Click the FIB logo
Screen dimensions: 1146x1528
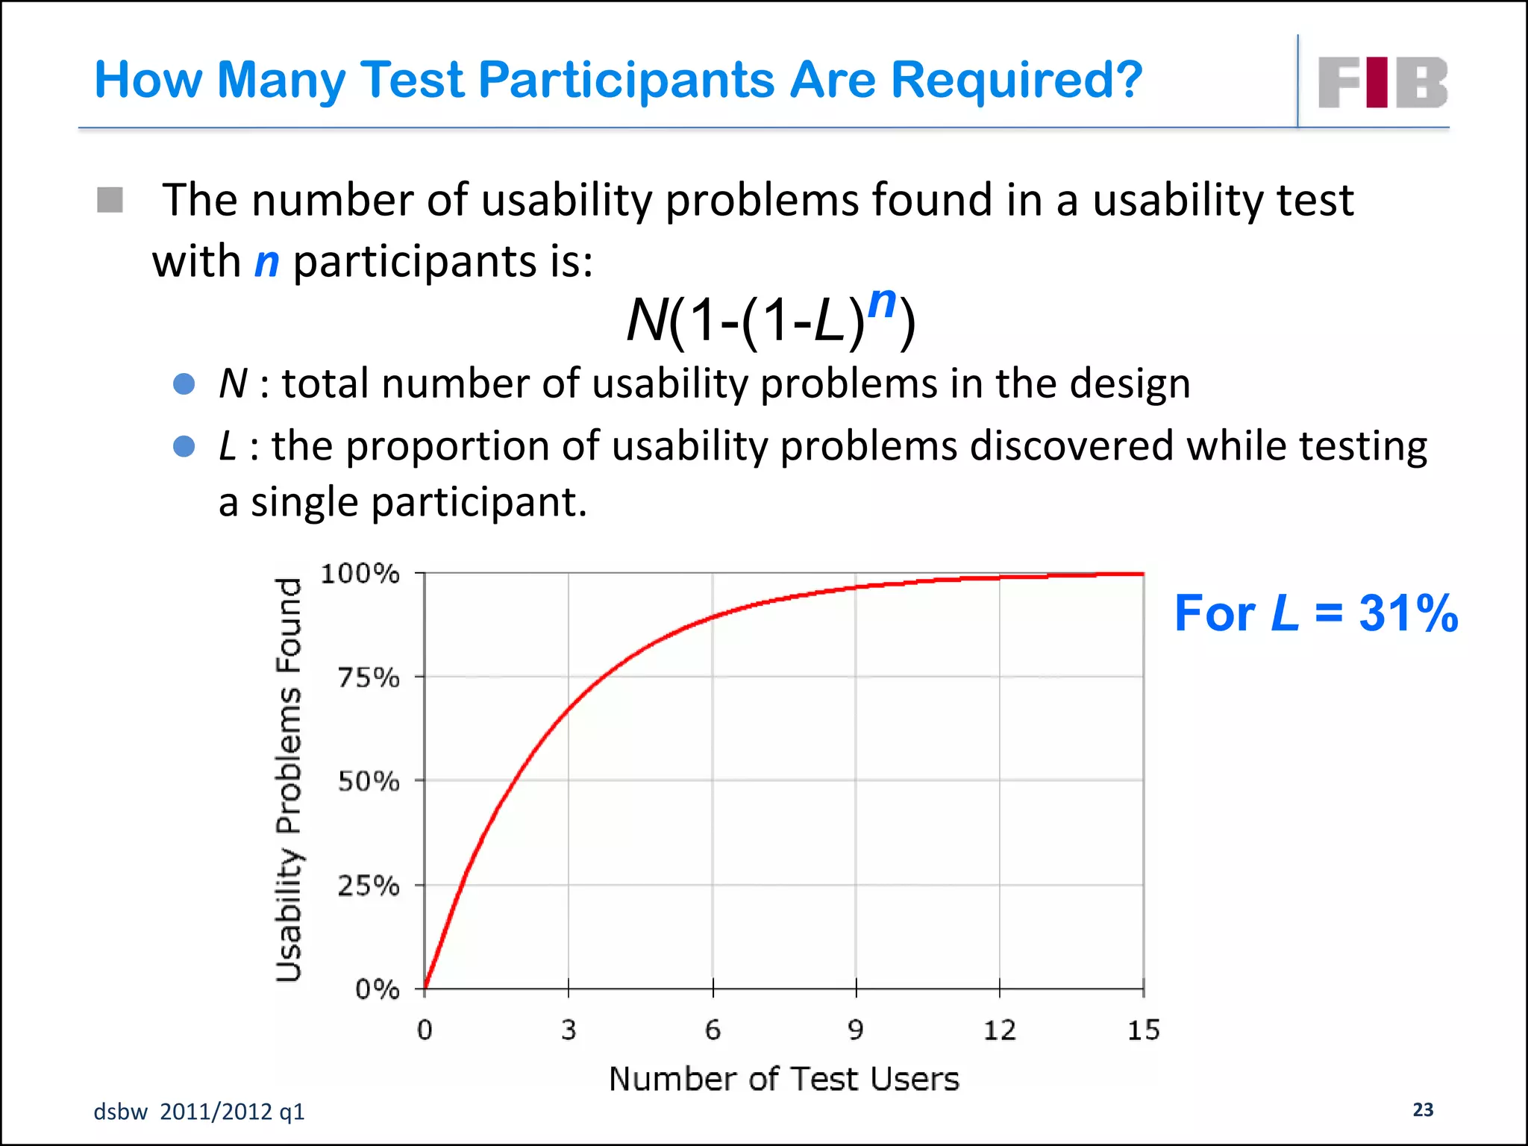point(1383,82)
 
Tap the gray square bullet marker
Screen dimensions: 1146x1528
point(110,200)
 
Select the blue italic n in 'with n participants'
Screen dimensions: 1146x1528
point(266,263)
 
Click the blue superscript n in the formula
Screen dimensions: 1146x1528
point(882,302)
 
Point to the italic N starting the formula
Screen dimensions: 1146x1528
point(646,321)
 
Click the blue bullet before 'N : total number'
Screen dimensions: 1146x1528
point(184,384)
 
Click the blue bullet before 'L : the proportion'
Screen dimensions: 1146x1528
point(184,446)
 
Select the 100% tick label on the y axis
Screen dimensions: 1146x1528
point(360,574)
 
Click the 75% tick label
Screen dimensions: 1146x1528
point(369,678)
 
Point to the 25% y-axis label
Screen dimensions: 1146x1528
point(369,886)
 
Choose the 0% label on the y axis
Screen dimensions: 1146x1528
point(377,989)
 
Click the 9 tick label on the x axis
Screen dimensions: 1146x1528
point(856,1030)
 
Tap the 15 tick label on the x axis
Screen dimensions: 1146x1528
point(1143,1030)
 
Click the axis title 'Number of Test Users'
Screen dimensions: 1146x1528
point(783,1079)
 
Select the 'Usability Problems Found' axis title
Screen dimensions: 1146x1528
point(289,780)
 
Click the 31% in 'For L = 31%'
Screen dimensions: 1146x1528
point(1408,613)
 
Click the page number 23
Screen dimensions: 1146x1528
point(1423,1109)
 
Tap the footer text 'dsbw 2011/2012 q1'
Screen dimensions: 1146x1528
point(199,1112)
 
